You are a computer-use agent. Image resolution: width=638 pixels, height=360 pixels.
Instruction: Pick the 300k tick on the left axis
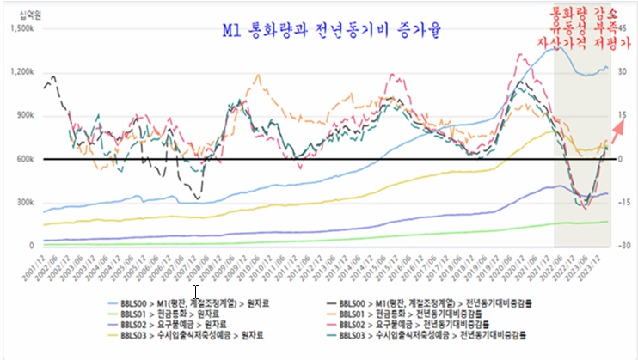coord(23,203)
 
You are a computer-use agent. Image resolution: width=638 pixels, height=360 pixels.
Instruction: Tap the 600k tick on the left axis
coord(23,159)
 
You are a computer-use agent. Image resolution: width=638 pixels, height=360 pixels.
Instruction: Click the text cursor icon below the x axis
coord(195,291)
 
